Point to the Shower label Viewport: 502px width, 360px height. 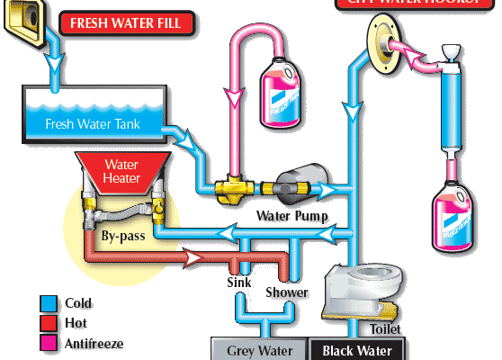tap(286, 292)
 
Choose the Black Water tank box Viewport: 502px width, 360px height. tap(357, 350)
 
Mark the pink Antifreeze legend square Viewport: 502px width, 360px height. tap(49, 343)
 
